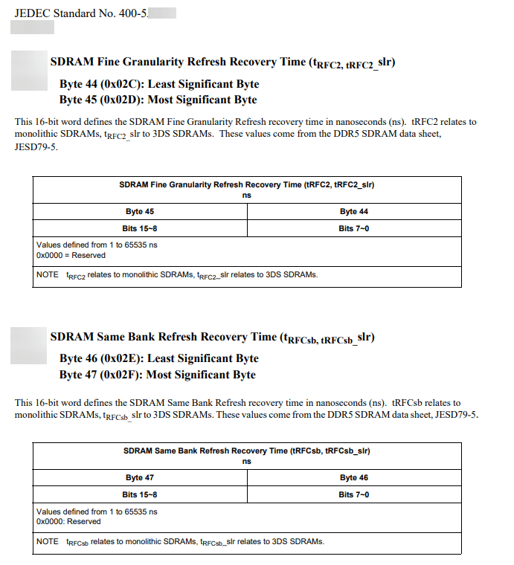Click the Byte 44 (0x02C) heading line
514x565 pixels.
point(158,84)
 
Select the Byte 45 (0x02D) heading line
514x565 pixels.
point(158,100)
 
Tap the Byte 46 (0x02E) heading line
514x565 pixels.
point(158,358)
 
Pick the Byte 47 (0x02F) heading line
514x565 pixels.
point(157,375)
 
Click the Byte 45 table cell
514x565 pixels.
point(140,212)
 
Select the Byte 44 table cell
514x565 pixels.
point(353,212)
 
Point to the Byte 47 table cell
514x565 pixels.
point(140,478)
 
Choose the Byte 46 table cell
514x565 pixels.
point(353,478)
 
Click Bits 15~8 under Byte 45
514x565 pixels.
point(140,228)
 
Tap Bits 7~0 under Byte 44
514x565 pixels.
point(353,228)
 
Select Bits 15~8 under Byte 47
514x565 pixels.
point(140,494)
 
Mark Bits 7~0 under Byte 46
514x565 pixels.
point(353,494)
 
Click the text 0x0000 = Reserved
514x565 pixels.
point(71,255)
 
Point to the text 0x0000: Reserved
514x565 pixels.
point(68,521)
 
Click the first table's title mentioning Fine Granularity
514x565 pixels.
point(246,184)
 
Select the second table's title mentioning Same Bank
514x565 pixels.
point(246,451)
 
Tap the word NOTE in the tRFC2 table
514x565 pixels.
point(47,275)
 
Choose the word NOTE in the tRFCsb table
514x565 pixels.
point(47,541)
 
